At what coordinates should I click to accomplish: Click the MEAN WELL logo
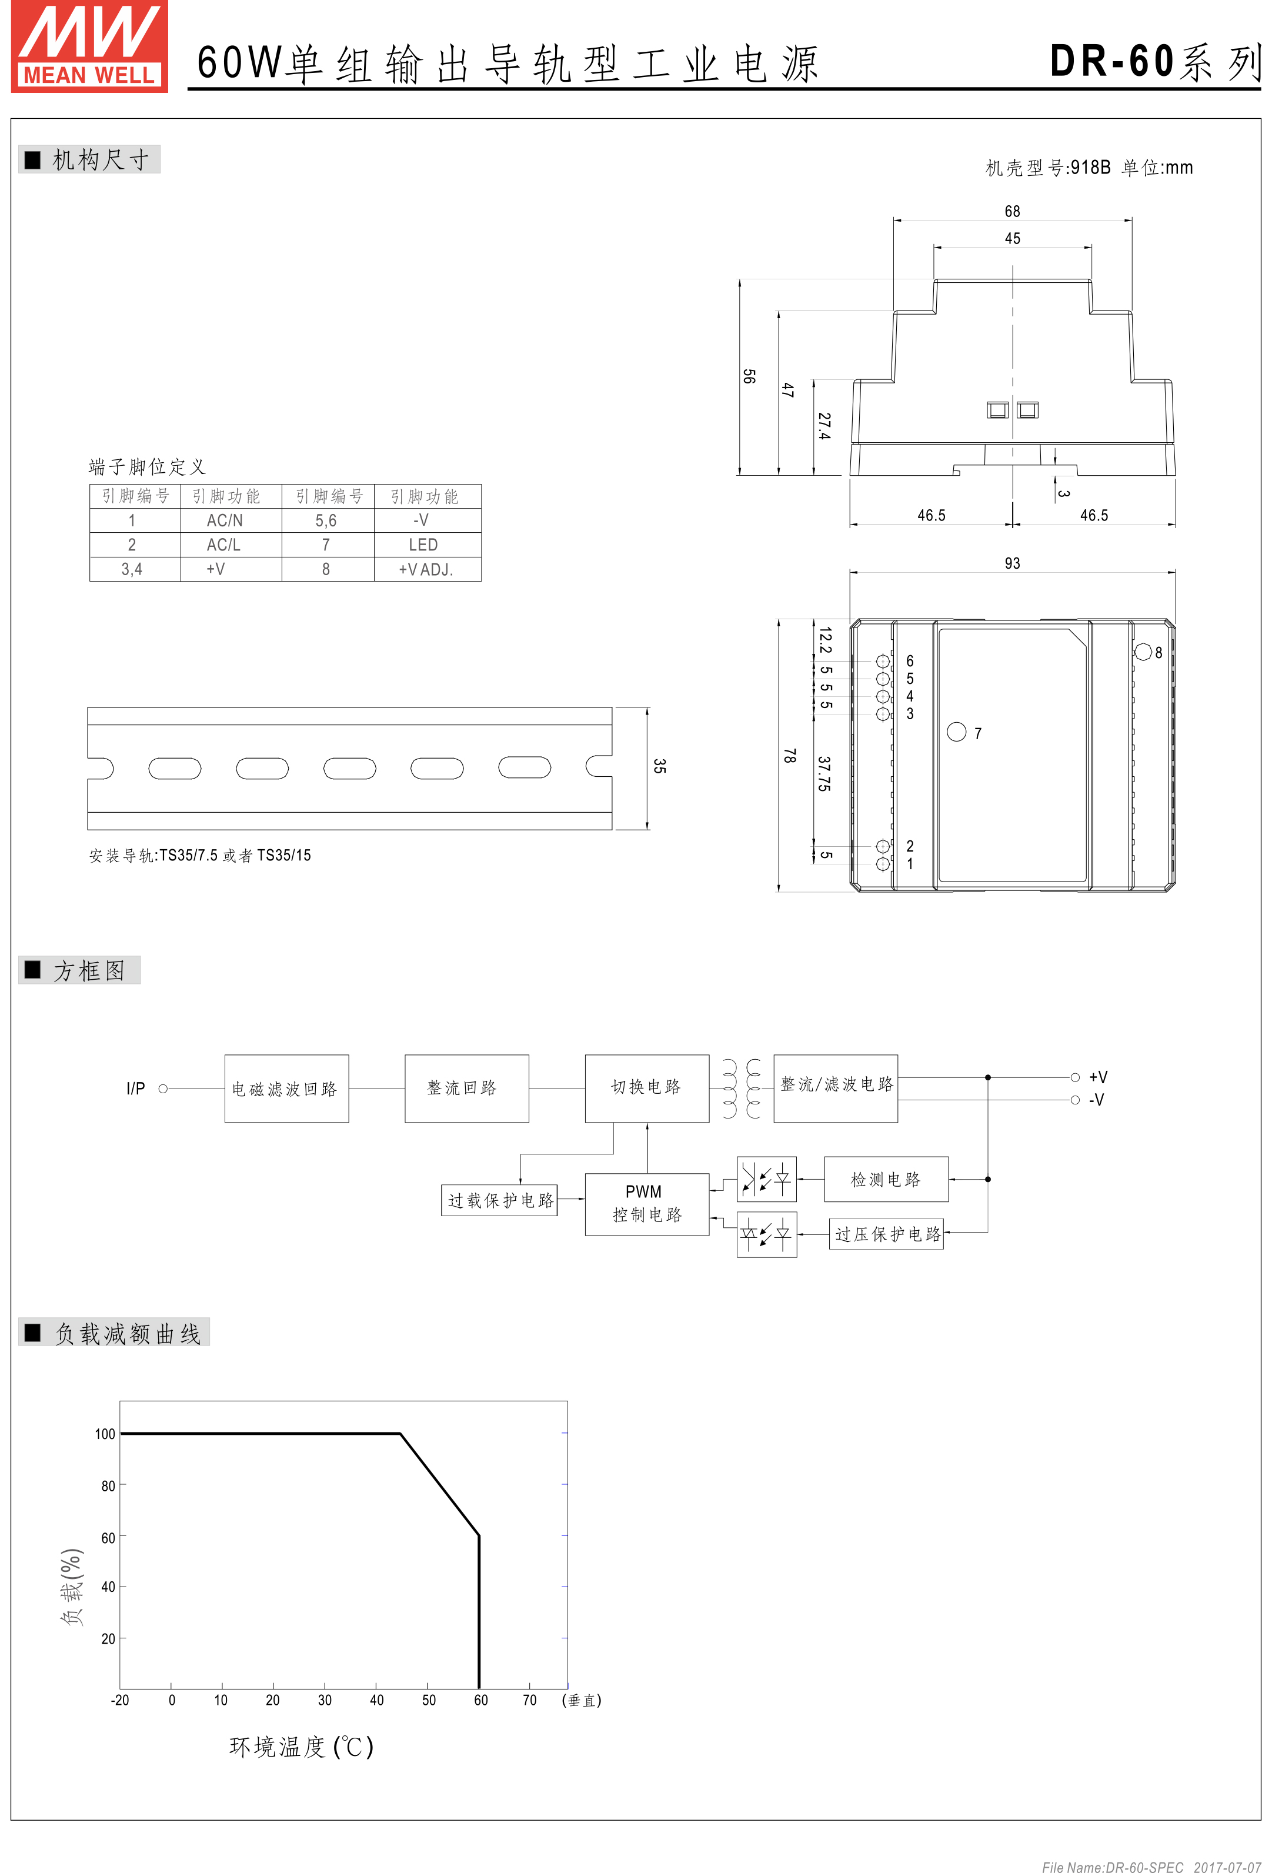(89, 46)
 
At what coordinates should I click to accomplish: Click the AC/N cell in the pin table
(224, 520)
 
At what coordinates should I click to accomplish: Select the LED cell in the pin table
(423, 545)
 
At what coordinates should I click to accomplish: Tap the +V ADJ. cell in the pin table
(426, 569)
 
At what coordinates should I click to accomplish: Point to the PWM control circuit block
(646, 1203)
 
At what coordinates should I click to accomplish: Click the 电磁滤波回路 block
(286, 1088)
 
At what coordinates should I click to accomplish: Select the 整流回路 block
(466, 1088)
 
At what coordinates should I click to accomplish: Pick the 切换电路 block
(646, 1088)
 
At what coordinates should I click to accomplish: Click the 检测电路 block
(886, 1179)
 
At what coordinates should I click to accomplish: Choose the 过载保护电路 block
(500, 1200)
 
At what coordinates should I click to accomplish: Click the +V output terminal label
(1098, 1077)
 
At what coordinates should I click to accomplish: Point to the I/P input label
(135, 1089)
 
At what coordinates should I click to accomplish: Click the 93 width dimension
(1013, 563)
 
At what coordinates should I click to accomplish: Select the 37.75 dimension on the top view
(824, 774)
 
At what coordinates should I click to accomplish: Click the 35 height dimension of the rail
(659, 766)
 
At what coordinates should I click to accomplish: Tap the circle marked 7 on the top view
(957, 732)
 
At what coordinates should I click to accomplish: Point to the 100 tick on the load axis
(105, 1434)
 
